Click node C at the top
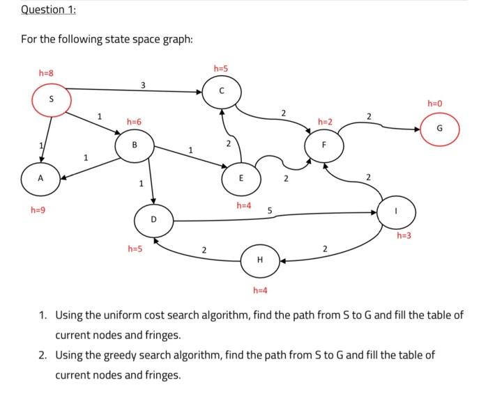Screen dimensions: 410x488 coord(222,90)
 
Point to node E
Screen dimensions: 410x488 coord(240,178)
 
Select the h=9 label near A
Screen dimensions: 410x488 coord(38,209)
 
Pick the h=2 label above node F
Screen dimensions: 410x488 coord(325,122)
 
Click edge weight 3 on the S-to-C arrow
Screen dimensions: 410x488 coord(143,85)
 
